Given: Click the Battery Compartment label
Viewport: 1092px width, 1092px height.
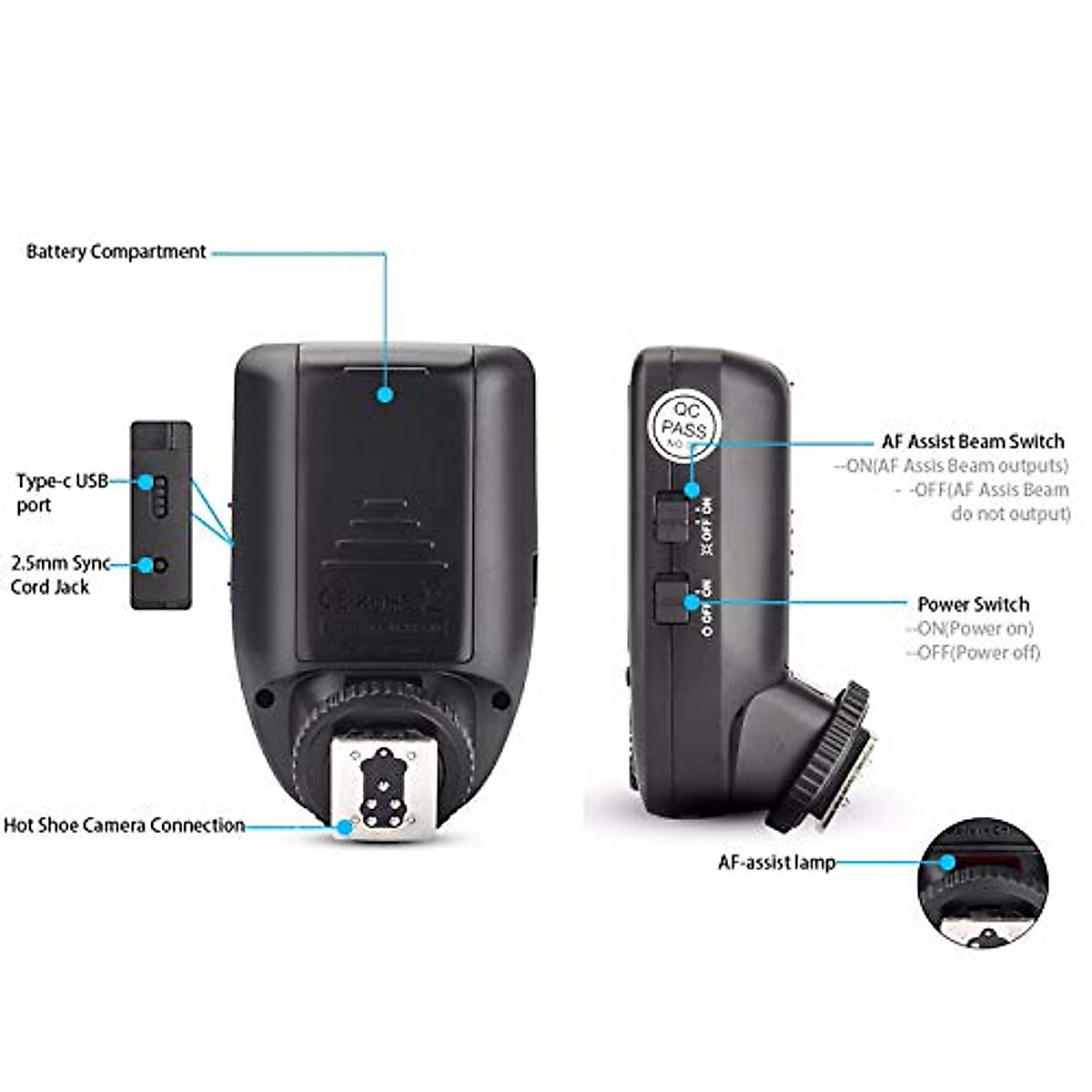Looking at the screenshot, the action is (x=116, y=252).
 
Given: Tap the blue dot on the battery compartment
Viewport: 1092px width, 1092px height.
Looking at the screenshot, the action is (x=385, y=394).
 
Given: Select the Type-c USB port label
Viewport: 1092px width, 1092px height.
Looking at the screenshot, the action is (x=62, y=492).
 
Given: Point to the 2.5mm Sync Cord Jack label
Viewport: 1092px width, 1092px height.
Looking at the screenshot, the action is (x=59, y=575).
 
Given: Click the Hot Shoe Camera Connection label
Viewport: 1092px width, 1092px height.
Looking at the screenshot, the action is (x=125, y=825).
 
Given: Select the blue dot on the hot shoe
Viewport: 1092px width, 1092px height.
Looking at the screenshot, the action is (x=344, y=827).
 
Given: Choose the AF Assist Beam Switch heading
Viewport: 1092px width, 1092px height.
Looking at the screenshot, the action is (x=973, y=441).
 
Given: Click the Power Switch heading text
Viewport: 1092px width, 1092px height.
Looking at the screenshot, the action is (x=973, y=604).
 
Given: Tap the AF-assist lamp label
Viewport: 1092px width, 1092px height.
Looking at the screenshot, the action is (x=776, y=863).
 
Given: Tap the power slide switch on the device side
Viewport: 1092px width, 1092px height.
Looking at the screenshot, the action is (x=672, y=600).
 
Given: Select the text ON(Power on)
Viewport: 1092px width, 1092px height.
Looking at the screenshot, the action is (x=969, y=628).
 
